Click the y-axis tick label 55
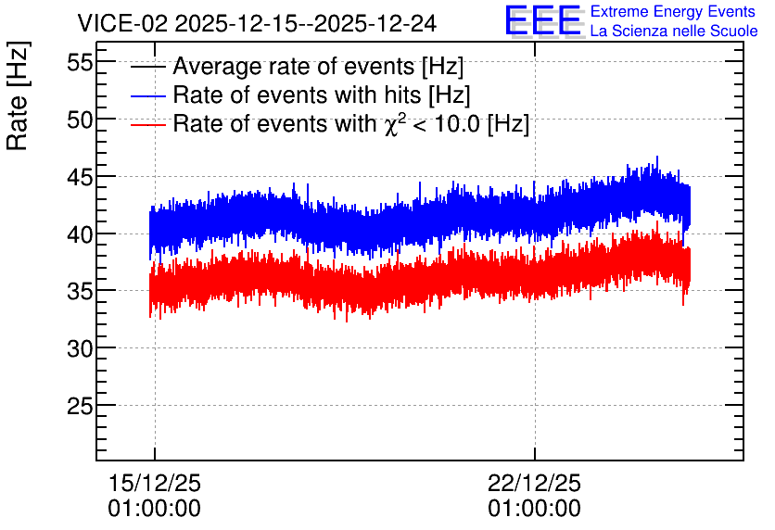tap(80, 62)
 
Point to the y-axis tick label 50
tap(80, 120)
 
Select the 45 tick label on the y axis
tap(80, 177)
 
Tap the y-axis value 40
tap(80, 234)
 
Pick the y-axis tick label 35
tap(80, 292)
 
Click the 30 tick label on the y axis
tap(80, 348)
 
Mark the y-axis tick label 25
tap(80, 406)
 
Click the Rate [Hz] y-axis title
tap(18, 95)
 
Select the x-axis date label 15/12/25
tap(154, 483)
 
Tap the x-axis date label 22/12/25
tap(534, 483)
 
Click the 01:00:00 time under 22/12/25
tap(534, 509)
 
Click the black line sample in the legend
tap(147, 67)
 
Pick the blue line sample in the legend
tap(147, 95)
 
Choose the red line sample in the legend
tap(147, 124)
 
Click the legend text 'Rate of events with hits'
tap(297, 95)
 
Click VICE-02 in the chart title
tap(123, 24)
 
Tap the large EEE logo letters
tap(543, 21)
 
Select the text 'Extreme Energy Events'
tap(673, 11)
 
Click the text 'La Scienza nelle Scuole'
tap(674, 32)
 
